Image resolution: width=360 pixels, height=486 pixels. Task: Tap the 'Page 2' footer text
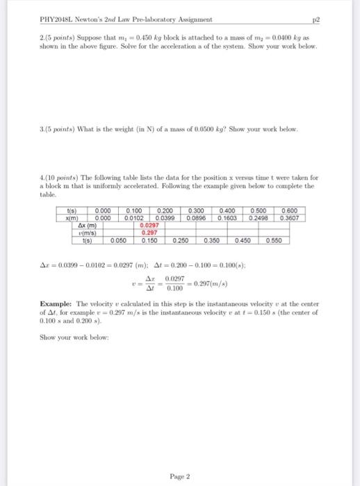(x=179, y=456)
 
